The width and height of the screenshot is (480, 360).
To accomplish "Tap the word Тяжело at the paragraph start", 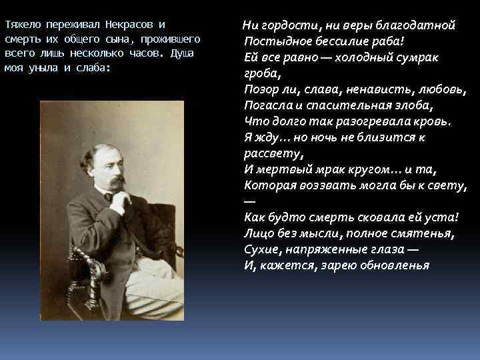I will pyautogui.click(x=24, y=24).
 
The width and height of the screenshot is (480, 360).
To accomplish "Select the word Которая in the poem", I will pyautogui.click(x=270, y=185).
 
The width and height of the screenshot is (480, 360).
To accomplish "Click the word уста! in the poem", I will pyautogui.click(x=442, y=217).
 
